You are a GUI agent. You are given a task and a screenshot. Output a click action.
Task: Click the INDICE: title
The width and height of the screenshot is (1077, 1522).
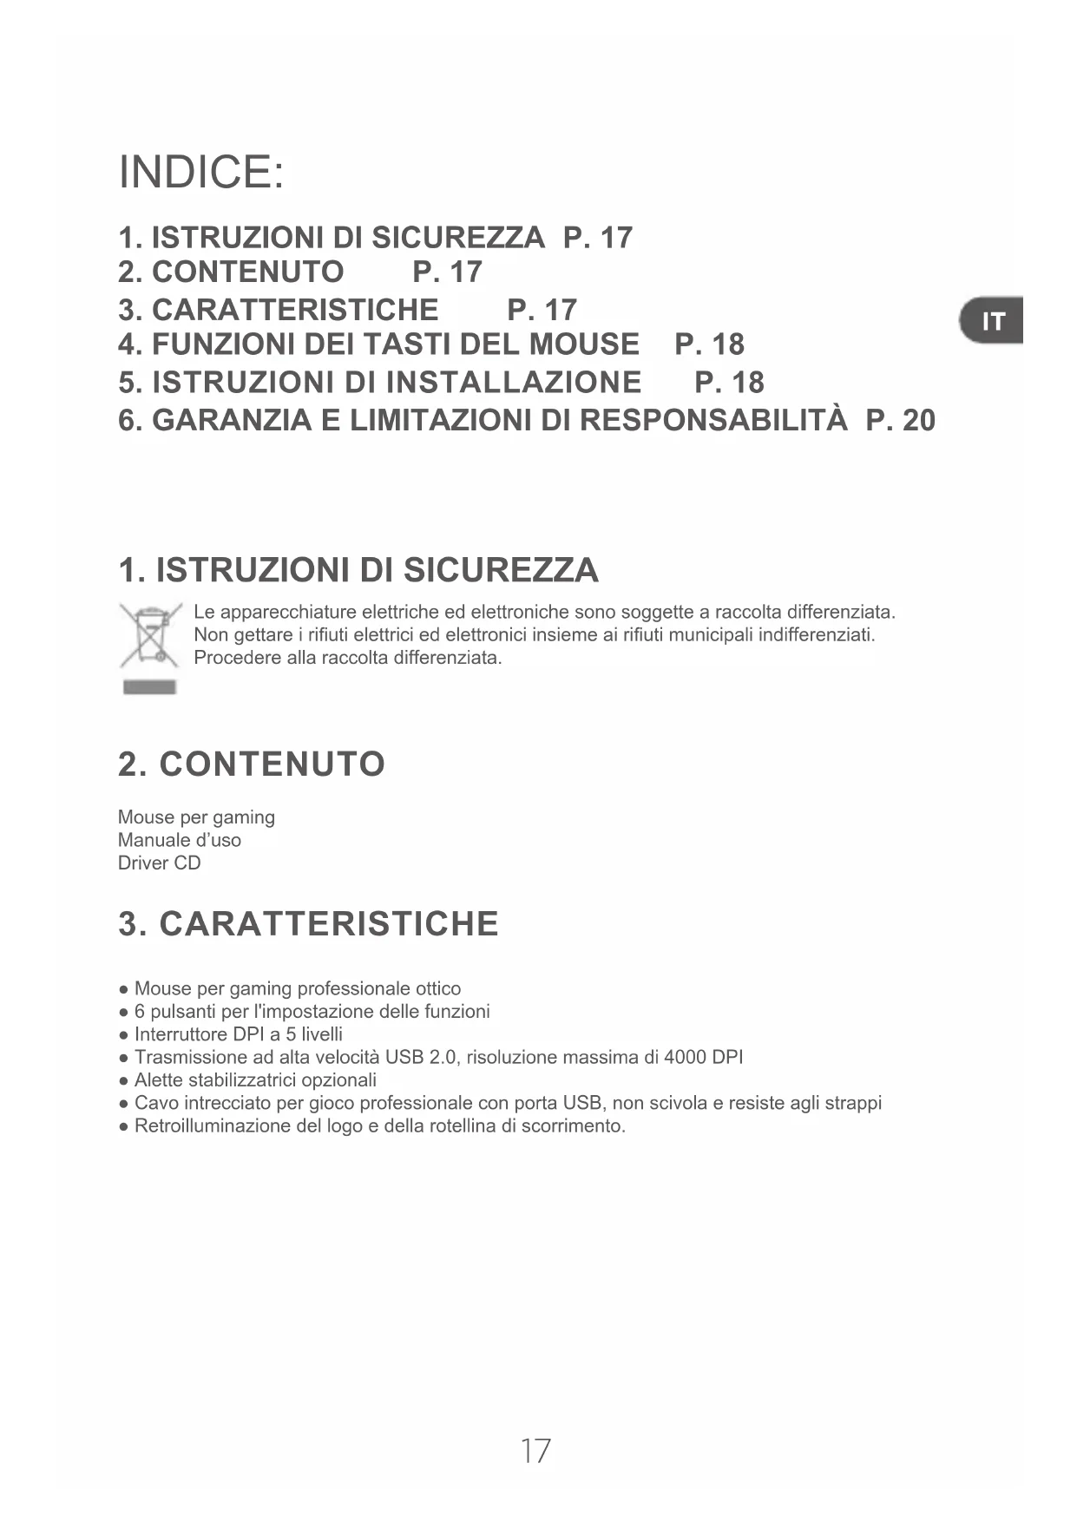[x=200, y=172]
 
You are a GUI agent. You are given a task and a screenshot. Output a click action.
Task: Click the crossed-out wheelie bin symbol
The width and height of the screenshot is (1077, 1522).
[x=151, y=637]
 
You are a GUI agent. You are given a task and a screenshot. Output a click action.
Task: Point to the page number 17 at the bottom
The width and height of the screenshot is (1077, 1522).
[x=535, y=1451]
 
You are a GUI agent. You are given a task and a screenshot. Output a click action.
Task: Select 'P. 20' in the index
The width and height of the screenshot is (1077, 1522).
[x=901, y=421]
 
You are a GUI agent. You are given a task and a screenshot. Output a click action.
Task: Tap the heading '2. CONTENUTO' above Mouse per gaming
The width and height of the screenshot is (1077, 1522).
[x=252, y=764]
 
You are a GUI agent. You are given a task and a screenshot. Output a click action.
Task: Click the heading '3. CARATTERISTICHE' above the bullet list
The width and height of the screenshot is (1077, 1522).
[x=308, y=924]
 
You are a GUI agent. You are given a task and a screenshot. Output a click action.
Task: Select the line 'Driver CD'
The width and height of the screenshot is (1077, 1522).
[x=159, y=863]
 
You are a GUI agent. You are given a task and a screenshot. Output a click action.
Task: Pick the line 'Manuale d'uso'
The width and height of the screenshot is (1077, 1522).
[x=180, y=840]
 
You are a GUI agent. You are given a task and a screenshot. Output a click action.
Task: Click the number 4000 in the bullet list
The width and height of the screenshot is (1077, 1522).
[x=684, y=1058]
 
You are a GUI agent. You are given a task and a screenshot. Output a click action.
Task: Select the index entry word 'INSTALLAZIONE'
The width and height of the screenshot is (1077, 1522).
[x=513, y=383]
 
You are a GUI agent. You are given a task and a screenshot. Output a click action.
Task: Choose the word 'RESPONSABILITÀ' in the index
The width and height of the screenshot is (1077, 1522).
[x=713, y=421]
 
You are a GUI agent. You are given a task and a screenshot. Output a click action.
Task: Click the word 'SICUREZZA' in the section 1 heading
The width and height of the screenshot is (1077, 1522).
[x=501, y=571]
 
